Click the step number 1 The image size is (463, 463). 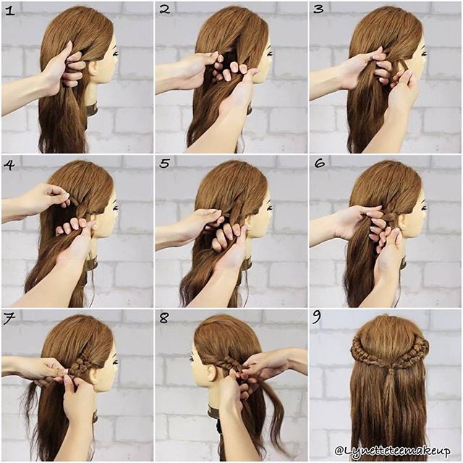[x=9, y=12]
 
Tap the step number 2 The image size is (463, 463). [x=164, y=9]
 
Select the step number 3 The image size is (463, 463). [x=318, y=9]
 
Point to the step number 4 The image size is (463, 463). [x=9, y=164]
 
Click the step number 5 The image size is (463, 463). [x=164, y=163]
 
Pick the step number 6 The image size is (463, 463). [x=319, y=163]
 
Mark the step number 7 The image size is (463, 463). [x=9, y=319]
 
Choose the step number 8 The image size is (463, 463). [x=164, y=318]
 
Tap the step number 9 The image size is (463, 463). [x=317, y=318]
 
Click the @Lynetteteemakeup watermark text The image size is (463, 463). [x=393, y=451]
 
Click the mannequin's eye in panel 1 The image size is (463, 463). [x=116, y=54]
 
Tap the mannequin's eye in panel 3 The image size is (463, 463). [x=425, y=54]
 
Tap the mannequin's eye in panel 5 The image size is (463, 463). [x=270, y=208]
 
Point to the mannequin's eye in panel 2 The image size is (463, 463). [x=270, y=54]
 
